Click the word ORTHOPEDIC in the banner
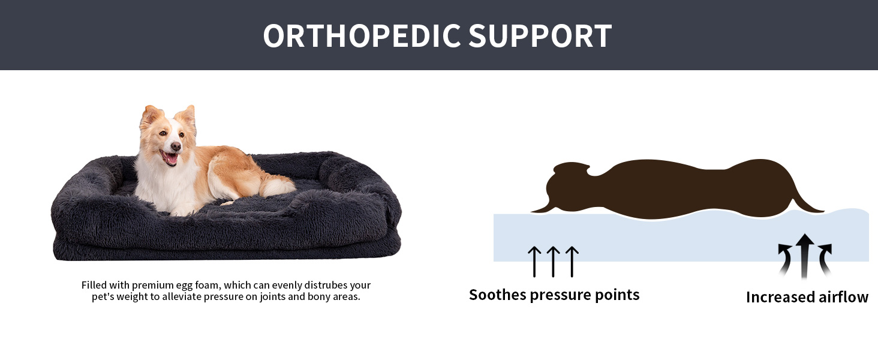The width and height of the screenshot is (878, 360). point(362,36)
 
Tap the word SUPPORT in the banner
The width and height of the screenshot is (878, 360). point(540,36)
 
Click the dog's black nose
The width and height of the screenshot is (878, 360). point(176,145)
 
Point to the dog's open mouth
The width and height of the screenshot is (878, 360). point(172,158)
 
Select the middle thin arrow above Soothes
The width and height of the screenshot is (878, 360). point(553,261)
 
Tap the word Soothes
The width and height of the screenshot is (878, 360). point(497,295)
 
